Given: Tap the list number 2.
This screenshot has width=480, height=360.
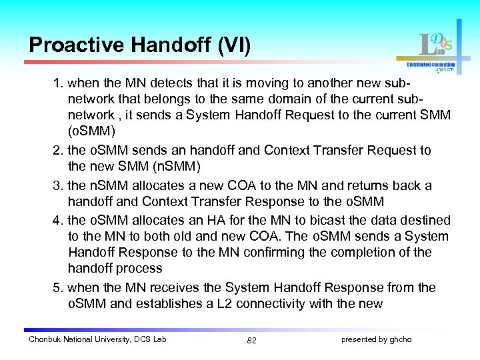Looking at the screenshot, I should coord(58,151).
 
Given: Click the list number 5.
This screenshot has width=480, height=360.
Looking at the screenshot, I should coord(58,288).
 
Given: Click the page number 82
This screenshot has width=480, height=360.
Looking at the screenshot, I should coord(251,340).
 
